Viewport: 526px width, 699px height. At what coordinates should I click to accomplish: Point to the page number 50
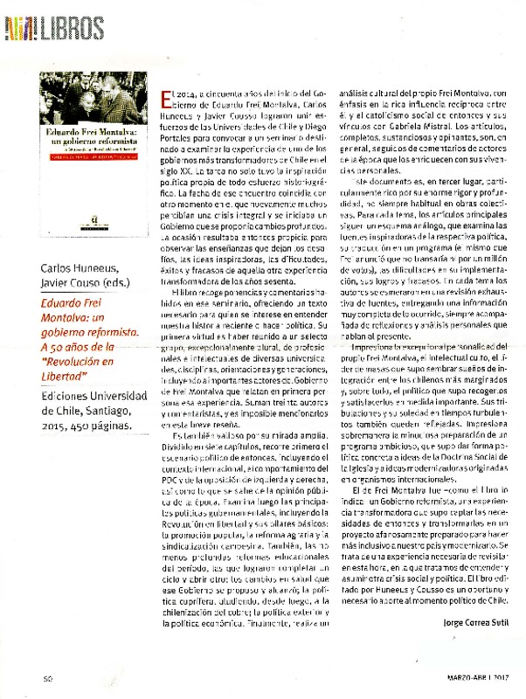point(50,678)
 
